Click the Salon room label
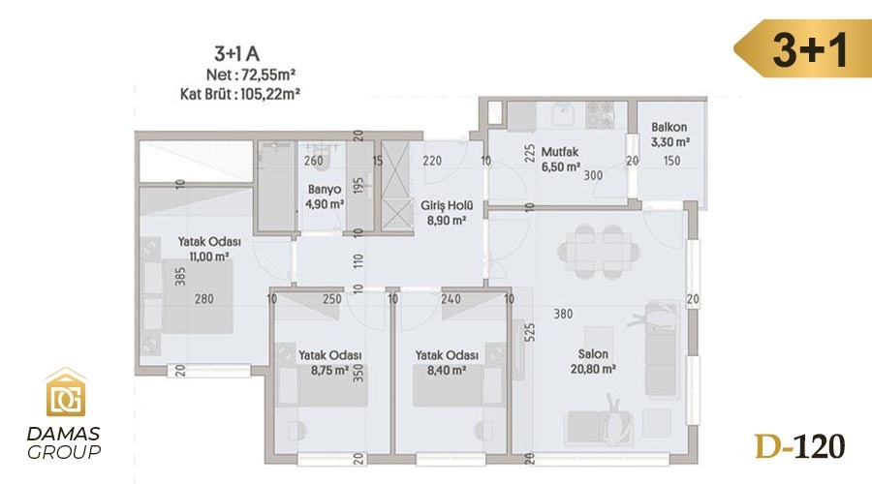593,361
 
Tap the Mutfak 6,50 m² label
561,159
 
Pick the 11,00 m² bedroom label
209,249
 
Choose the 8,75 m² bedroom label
329,362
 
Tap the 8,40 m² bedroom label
447,362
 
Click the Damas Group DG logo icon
66,392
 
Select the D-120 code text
799,446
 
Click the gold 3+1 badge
802,49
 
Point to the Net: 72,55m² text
250,75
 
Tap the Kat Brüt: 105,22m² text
239,94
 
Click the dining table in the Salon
599,251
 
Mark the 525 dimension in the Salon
529,332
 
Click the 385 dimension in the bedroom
180,277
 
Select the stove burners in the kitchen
600,114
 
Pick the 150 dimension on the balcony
671,161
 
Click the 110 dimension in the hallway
358,260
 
